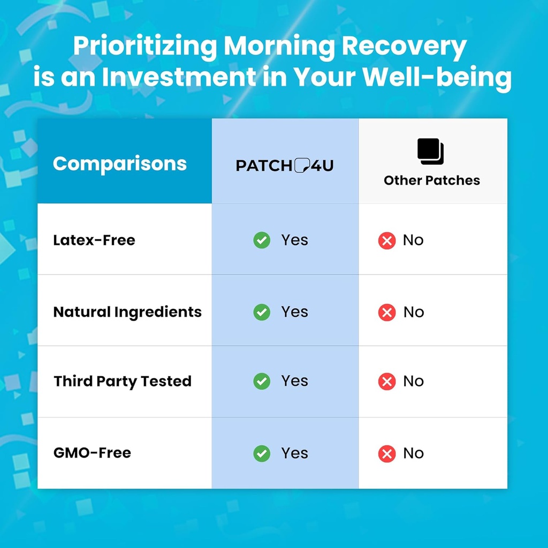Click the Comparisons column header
[120, 163]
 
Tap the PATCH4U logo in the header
[285, 165]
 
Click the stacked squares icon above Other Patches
[431, 151]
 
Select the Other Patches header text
[432, 180]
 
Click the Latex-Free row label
[94, 240]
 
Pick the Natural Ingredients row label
[127, 311]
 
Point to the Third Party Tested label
[123, 381]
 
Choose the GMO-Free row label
[92, 453]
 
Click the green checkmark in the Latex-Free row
[262, 240]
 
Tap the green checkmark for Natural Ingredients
[262, 312]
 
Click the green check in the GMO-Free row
[262, 453]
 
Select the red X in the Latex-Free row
[386, 241]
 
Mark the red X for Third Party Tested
[386, 382]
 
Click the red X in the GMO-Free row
[386, 454]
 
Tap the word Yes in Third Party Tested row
[295, 381]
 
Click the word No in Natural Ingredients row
[414, 312]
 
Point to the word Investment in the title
[179, 78]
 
